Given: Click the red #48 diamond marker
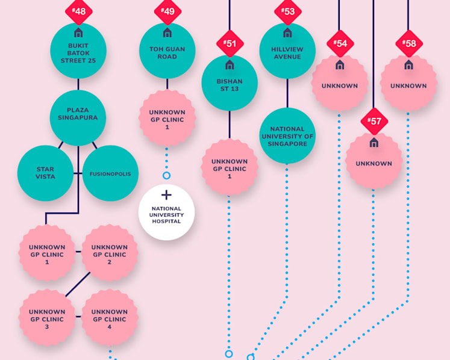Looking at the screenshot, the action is pos(79,11).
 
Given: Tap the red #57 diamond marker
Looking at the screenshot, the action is pos(374,122).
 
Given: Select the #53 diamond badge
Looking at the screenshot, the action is pos(288,11).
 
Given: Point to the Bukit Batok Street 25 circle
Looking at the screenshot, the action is pos(78,51).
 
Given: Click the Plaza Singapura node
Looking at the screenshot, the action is pos(78,118).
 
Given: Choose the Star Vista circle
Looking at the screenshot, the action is pos(45,173).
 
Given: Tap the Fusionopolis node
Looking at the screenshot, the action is pos(110,173).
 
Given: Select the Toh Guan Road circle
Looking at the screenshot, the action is pos(167,51).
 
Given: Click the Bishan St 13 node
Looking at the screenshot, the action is pos(230,83).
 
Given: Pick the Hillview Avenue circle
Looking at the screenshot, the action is pos(287,51).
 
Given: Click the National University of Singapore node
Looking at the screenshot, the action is pos(287,135).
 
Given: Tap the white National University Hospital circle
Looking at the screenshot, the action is pos(166,213).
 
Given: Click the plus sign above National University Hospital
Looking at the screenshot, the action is pos(166,195).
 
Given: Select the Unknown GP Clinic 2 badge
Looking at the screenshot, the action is pos(110,253).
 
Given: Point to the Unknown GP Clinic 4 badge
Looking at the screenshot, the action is pos(110,317).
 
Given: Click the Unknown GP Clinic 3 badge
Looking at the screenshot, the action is pos(47,317).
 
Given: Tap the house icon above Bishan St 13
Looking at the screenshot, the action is pos(230,65).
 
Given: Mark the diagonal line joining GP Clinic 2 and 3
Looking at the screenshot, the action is pos(78,284).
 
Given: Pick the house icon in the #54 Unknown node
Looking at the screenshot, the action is pos(340,65).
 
